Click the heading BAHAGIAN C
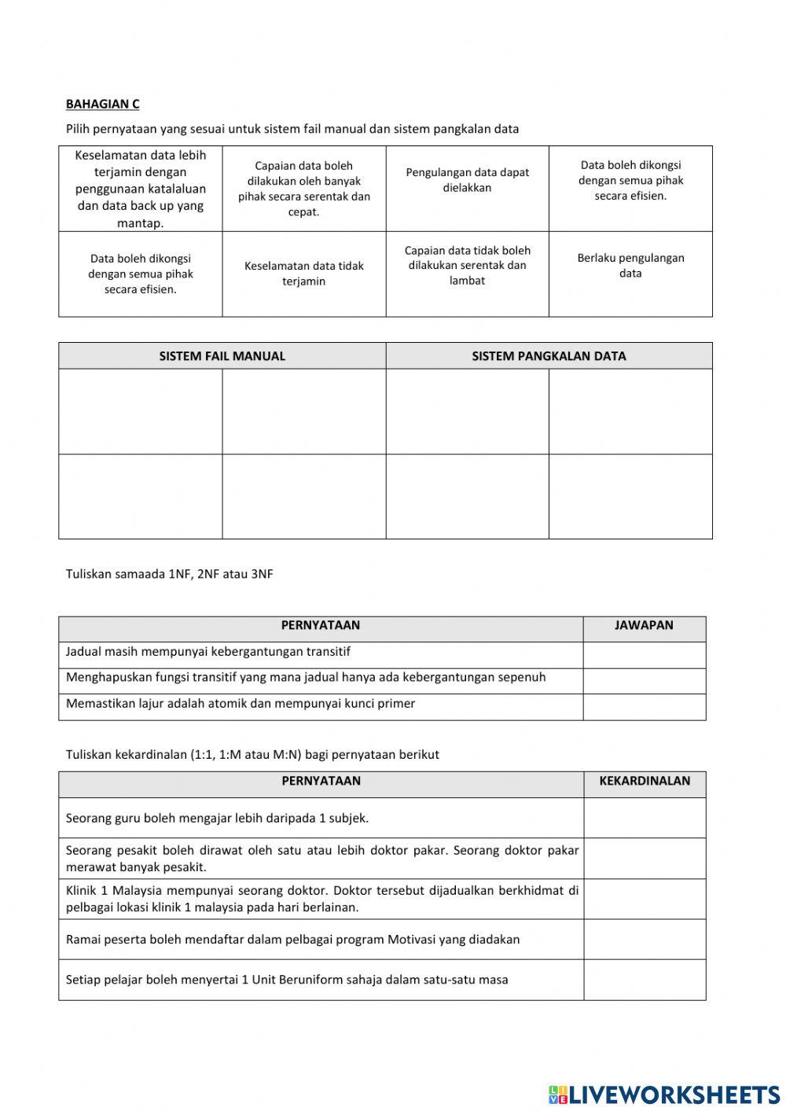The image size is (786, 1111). click(x=102, y=104)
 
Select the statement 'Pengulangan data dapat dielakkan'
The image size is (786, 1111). click(x=467, y=180)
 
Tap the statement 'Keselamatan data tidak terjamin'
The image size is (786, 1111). click(x=303, y=274)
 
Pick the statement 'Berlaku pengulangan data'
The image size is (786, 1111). click(x=630, y=266)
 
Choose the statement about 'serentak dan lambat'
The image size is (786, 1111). click(x=467, y=266)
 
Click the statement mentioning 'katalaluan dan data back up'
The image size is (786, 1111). click(x=141, y=189)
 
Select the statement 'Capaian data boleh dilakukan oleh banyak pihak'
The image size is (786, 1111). click(x=303, y=189)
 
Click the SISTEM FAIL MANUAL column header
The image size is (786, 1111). click(x=222, y=356)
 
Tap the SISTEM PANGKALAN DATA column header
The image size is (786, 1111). click(x=549, y=356)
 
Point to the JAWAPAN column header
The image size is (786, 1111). click(x=644, y=626)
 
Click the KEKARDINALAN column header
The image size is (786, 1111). click(x=645, y=782)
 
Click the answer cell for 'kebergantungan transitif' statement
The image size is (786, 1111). click(x=644, y=654)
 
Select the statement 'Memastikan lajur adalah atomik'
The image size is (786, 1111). click(x=241, y=704)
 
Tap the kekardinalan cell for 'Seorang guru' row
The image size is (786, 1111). click(x=645, y=818)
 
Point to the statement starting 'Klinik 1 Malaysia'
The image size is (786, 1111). click(x=321, y=899)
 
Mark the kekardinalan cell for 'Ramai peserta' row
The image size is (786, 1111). click(x=645, y=940)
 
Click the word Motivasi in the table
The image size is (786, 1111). click(x=439, y=940)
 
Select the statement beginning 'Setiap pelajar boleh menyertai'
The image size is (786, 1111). click(x=287, y=980)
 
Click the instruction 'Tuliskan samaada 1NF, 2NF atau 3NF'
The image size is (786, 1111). click(x=170, y=574)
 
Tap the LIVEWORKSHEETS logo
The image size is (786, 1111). click(x=663, y=1094)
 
